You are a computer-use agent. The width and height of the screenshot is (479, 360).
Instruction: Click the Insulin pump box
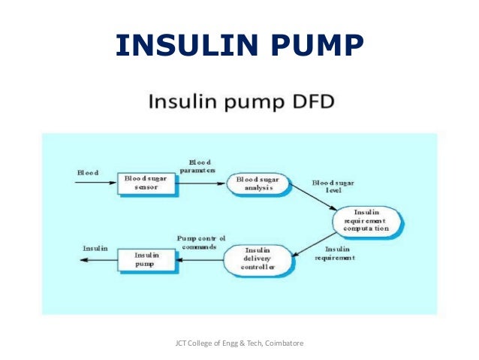coord(143,260)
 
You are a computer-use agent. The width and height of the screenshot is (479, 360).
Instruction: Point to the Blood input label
coord(88,172)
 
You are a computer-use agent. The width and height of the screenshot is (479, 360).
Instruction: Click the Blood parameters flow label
coord(201,166)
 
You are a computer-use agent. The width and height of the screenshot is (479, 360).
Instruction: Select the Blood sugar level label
coord(333,186)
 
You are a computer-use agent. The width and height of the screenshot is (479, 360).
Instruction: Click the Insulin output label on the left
coord(95,248)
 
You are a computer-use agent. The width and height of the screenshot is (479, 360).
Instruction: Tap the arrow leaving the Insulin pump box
coord(98,260)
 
